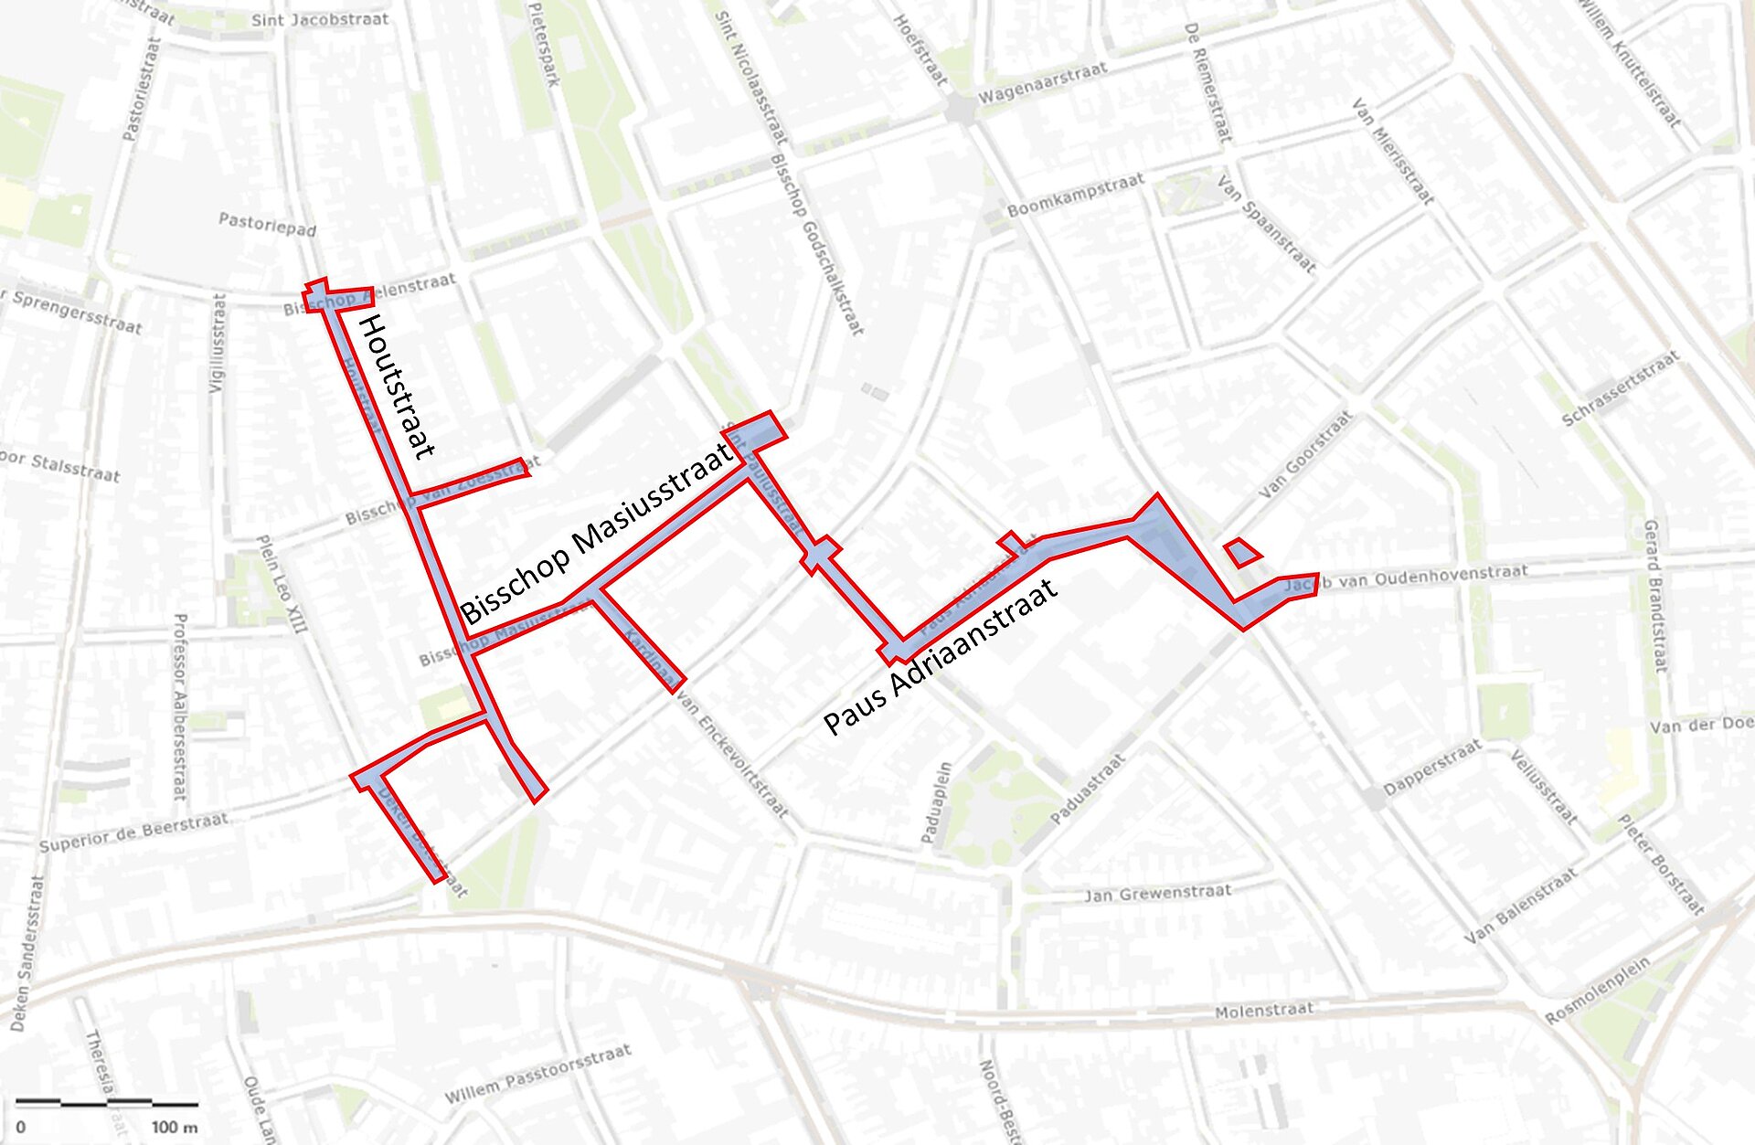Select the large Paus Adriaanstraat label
tap(941, 657)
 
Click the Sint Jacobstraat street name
tap(319, 19)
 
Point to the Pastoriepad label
tap(267, 224)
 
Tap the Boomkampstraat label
tap(1075, 196)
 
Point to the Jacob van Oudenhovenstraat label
tap(1408, 577)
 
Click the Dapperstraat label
tap(1431, 769)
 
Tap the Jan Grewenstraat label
tap(1157, 892)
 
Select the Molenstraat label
tap(1264, 1011)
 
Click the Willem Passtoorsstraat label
tap(537, 1074)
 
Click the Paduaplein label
tap(936, 802)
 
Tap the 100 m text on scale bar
tap(174, 1127)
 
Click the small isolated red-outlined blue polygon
tap(1241, 552)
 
